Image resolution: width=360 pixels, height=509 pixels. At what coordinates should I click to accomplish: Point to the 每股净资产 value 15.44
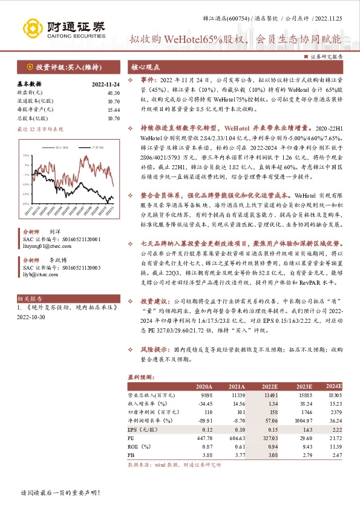click(x=114, y=109)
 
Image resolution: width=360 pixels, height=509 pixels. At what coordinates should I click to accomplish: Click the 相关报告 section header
click(x=30, y=299)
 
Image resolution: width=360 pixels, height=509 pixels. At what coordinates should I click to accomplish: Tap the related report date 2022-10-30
click(x=31, y=316)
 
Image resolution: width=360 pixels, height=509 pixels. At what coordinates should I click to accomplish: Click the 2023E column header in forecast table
click(x=304, y=386)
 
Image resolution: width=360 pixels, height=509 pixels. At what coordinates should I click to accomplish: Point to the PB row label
click(x=131, y=453)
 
